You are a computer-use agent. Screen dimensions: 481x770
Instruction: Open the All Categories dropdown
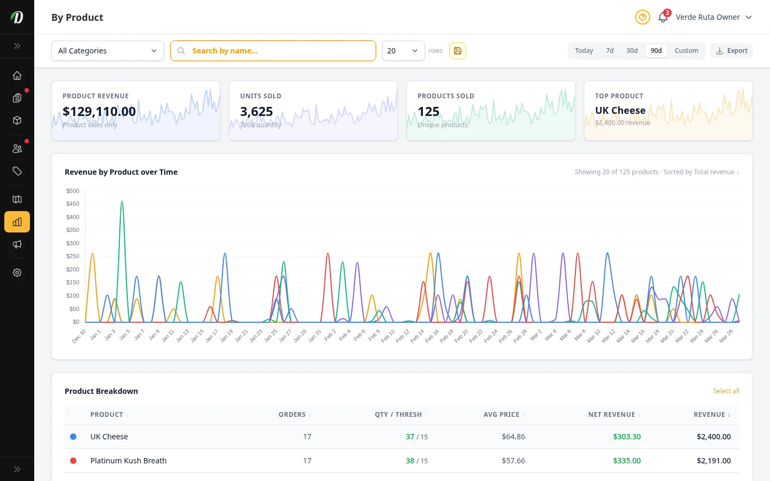pos(107,51)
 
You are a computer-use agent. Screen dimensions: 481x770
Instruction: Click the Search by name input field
pos(278,51)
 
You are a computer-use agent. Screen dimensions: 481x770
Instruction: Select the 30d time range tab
pos(632,51)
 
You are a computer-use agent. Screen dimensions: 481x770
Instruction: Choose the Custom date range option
pos(686,51)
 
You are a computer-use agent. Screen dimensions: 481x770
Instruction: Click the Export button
pos(731,51)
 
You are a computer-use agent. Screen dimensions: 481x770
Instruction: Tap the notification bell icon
pos(663,18)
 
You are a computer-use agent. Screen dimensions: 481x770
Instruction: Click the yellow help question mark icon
pos(642,17)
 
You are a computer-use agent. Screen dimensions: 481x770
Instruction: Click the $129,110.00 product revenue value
pos(99,112)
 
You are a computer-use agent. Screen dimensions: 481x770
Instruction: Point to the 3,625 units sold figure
pos(256,112)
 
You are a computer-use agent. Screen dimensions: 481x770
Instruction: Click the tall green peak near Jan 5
pos(122,203)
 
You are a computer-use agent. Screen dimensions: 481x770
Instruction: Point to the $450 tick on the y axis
pos(73,204)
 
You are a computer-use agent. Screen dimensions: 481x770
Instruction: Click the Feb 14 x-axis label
pos(418,336)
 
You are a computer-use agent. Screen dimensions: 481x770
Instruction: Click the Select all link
pos(726,391)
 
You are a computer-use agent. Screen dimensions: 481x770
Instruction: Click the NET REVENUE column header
pos(611,415)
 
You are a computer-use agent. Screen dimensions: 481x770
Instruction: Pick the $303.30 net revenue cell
pos(627,437)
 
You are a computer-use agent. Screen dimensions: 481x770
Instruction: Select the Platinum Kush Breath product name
pos(128,461)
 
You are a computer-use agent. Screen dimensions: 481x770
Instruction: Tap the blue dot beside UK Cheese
pos(73,437)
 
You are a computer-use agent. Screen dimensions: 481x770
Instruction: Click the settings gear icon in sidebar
pos(17,273)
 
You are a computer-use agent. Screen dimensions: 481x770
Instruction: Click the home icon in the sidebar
pos(17,75)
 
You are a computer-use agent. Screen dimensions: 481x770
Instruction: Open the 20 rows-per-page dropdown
pos(403,51)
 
